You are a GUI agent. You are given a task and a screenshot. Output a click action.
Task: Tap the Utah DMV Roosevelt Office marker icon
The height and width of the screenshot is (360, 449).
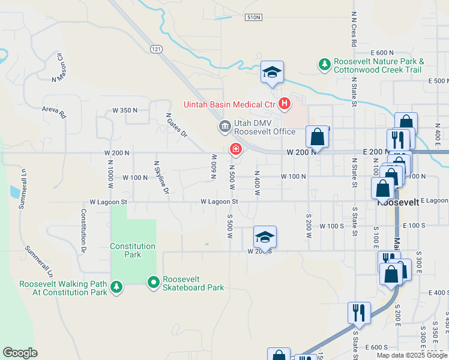pyautogui.click(x=224, y=127)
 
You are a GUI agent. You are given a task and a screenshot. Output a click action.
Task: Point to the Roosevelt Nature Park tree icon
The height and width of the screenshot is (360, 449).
pyautogui.click(x=324, y=64)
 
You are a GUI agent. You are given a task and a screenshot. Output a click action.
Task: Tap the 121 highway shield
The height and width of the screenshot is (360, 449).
pyautogui.click(x=157, y=49)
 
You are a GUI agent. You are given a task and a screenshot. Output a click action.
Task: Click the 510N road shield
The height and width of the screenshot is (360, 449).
pyautogui.click(x=253, y=17)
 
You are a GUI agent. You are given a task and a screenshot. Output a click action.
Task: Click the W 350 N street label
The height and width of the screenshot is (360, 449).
pyautogui.click(x=125, y=110)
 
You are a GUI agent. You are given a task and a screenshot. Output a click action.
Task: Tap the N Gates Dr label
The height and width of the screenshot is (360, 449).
pyautogui.click(x=176, y=127)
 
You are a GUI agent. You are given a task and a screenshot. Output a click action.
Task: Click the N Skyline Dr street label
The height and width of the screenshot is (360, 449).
pyautogui.click(x=161, y=178)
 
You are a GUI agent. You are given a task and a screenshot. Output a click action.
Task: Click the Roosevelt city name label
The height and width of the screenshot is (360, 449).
pyautogui.click(x=398, y=203)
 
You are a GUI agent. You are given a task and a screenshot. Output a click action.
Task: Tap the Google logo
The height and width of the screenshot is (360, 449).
pyautogui.click(x=20, y=353)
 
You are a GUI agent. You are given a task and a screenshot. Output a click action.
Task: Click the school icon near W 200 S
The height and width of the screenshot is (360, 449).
pyautogui.click(x=265, y=236)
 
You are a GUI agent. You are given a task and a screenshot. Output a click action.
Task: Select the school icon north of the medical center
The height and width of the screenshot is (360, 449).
pyautogui.click(x=271, y=73)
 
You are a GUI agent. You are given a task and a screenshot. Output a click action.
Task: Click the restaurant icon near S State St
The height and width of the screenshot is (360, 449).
pyautogui.click(x=358, y=312)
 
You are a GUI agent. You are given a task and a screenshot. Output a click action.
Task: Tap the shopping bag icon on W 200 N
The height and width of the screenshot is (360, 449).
pyautogui.click(x=317, y=136)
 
